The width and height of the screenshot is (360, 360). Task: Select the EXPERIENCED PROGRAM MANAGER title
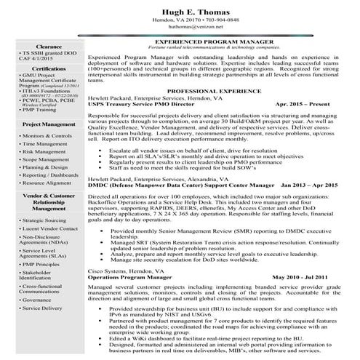(x=213, y=43)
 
